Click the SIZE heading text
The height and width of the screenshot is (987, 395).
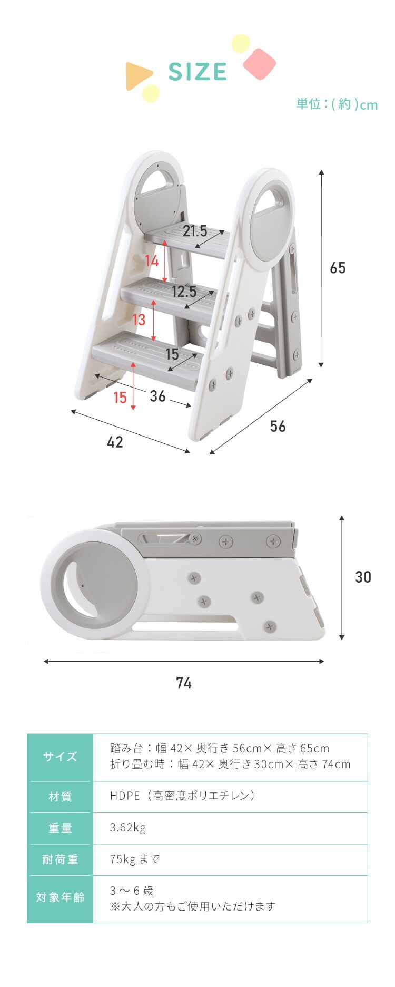tap(197, 72)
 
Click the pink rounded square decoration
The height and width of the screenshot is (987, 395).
tap(260, 64)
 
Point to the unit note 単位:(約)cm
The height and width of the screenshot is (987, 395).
tap(337, 104)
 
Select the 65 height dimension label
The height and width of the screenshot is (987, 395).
tap(338, 268)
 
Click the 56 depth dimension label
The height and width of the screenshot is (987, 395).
tap(278, 426)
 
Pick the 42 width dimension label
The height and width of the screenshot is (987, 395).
tap(115, 442)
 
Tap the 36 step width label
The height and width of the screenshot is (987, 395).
tap(158, 396)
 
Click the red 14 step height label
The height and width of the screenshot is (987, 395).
tap(152, 260)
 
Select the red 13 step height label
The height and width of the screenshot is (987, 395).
tap(139, 320)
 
